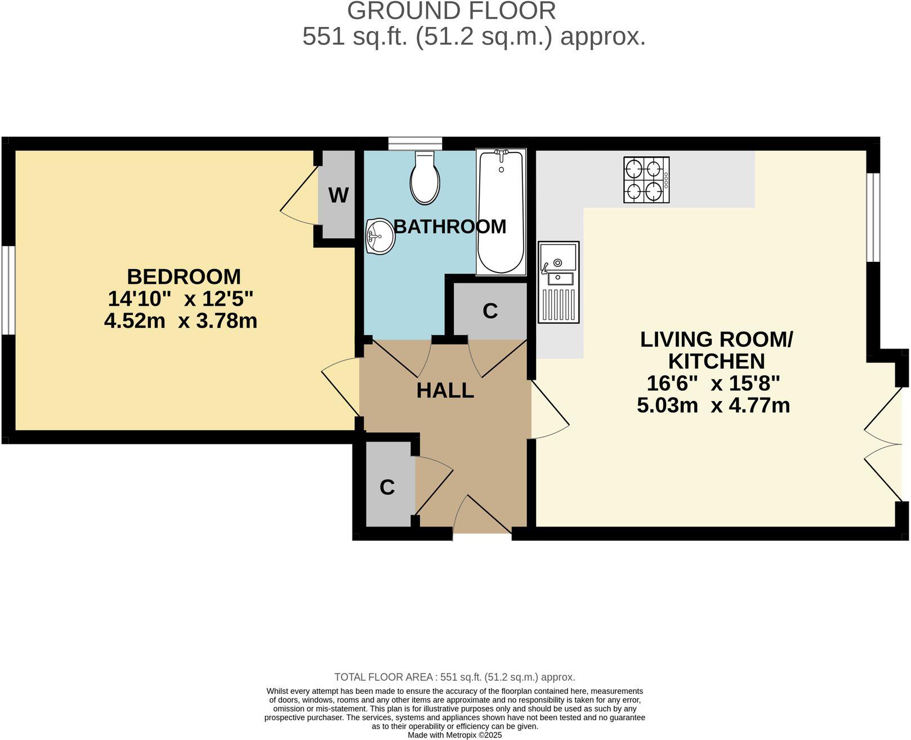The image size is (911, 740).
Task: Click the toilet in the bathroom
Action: coord(425,178)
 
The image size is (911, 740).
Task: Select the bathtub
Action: coord(501,212)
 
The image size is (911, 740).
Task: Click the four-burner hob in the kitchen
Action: coord(646,180)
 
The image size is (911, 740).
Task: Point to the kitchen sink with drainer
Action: coord(558,282)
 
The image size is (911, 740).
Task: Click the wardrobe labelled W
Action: coord(338,195)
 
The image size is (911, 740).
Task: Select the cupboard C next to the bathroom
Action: coord(490,310)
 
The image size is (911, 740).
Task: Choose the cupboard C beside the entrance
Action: coord(387,486)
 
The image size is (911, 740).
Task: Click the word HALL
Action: coord(445,390)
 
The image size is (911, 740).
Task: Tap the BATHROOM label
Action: coord(449,226)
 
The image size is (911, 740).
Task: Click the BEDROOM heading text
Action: coord(184,277)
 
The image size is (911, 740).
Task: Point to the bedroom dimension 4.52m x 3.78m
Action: coord(181,321)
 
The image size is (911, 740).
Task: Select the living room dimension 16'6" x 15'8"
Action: coord(713,384)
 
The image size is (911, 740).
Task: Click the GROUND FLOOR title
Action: coord(451,11)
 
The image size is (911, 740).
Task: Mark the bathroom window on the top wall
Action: coord(415,144)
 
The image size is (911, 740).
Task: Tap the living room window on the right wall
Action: coord(873,217)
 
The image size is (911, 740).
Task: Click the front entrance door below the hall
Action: coord(482,515)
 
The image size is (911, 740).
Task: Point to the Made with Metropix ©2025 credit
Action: coord(454,735)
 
